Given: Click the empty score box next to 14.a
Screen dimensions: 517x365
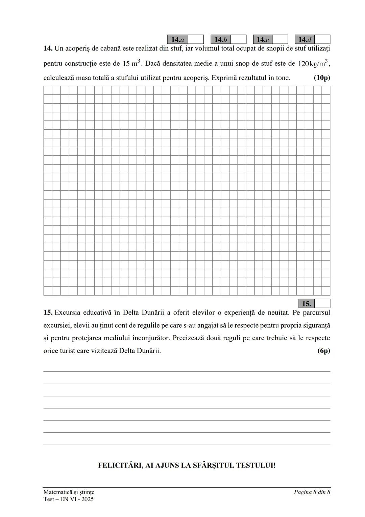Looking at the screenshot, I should click(196, 40).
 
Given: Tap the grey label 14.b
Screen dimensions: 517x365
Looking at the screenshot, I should click(220, 40).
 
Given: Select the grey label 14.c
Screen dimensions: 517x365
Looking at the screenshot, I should click(263, 40).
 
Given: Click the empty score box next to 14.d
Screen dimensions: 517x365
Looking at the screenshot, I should click(322, 40).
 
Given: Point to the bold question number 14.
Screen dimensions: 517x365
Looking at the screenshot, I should click(48, 48).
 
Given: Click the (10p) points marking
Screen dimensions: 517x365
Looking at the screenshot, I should click(322, 78).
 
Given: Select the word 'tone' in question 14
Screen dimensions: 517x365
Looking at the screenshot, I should click(282, 78).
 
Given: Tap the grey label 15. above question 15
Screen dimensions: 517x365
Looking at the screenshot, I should click(306, 304).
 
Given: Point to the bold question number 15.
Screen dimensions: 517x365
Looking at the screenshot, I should click(48, 313).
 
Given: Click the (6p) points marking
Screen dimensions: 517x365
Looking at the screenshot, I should click(323, 351).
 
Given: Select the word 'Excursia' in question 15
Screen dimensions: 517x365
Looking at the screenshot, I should click(67, 313).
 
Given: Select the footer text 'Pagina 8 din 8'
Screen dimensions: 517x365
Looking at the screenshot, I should click(312, 492).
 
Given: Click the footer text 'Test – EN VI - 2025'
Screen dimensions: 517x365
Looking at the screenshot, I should click(69, 499).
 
